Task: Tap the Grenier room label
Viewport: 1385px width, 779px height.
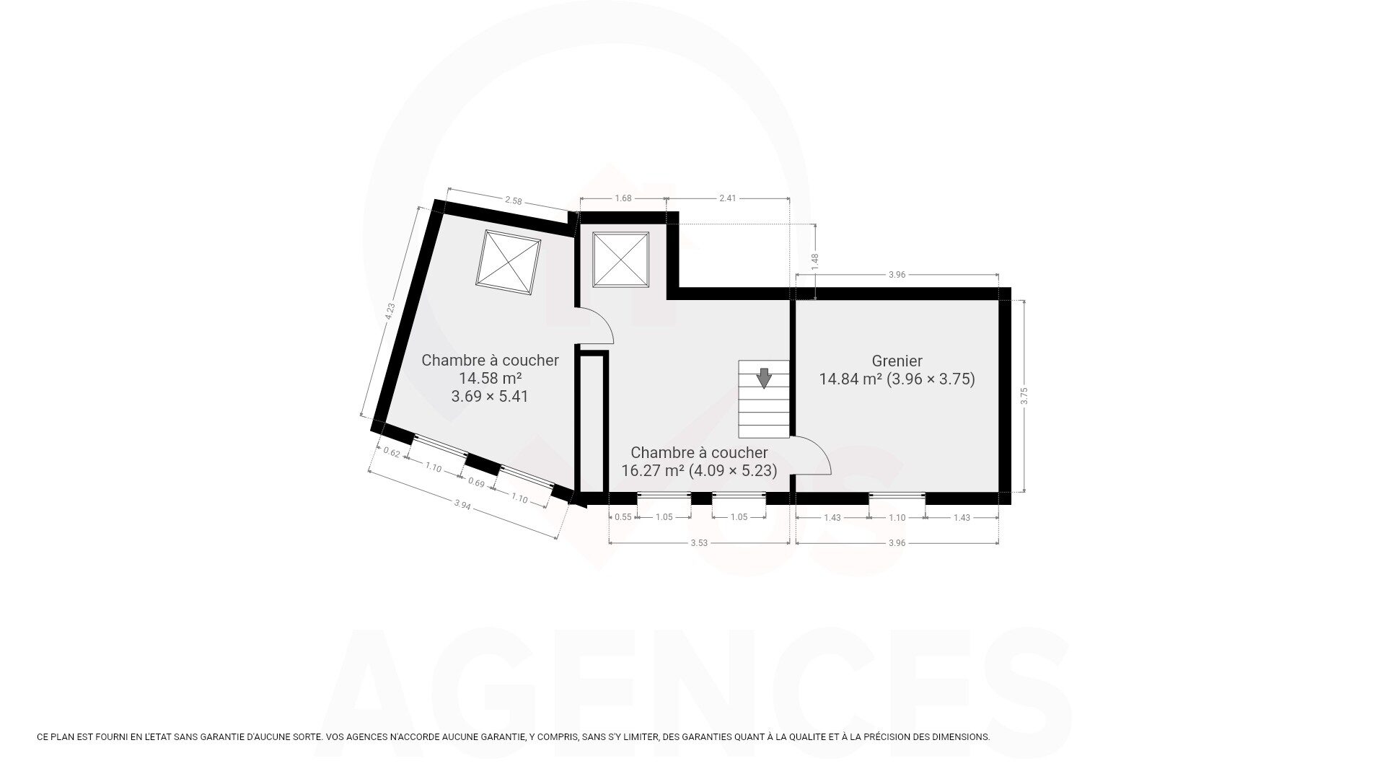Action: (897, 361)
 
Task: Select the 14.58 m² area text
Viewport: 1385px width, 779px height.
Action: (490, 378)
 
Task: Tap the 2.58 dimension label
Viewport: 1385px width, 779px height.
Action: (513, 201)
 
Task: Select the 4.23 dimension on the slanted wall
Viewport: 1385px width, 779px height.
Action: (390, 312)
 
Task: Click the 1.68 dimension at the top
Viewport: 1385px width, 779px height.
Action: (623, 198)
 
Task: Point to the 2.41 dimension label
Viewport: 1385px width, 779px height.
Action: (727, 198)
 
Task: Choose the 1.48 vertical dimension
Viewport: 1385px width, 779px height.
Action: (815, 261)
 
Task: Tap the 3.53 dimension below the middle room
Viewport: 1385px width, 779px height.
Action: (698, 543)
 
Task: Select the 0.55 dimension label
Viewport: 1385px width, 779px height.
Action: (623, 517)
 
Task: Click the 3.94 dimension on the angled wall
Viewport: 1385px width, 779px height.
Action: (462, 506)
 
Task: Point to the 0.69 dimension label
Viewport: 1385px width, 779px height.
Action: (476, 482)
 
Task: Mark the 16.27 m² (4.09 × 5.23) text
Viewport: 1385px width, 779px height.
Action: (699, 471)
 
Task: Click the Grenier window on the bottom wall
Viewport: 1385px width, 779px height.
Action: (897, 496)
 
